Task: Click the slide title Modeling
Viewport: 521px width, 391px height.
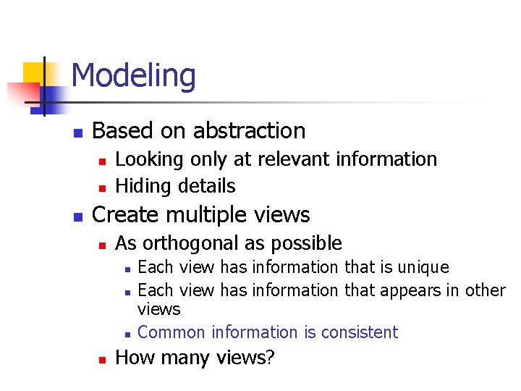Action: [134, 76]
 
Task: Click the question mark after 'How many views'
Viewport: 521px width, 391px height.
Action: [270, 358]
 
